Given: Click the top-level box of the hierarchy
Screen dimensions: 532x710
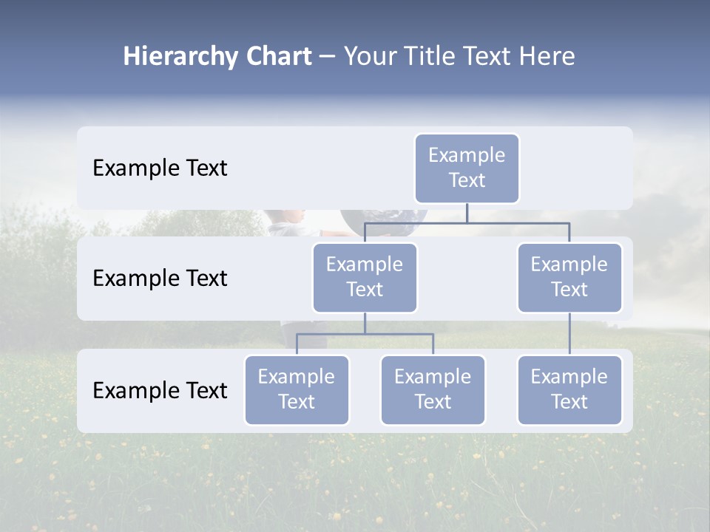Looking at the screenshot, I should tap(467, 168).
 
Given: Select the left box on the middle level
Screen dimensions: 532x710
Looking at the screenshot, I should tap(365, 277).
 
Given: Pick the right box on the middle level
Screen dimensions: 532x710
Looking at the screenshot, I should tap(569, 277).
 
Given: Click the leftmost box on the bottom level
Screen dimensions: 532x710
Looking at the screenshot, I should tap(297, 389).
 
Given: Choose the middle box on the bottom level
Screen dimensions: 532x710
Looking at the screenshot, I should tap(433, 389).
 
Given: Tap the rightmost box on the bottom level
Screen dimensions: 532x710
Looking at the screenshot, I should tap(569, 389).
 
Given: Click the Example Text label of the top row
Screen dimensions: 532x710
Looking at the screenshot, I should tap(160, 168).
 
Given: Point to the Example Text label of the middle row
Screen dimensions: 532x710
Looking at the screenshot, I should tap(160, 279).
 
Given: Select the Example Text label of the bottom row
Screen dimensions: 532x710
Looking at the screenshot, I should tap(160, 391).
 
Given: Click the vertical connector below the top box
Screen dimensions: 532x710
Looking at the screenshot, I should tap(467, 213).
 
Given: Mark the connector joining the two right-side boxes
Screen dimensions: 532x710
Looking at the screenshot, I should tap(569, 334).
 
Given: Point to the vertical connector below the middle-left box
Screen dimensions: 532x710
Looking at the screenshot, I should tap(365, 324).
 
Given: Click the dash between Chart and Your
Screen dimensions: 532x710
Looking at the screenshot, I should tap(328, 57).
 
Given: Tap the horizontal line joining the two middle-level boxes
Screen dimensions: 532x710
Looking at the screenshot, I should tap(518, 222).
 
